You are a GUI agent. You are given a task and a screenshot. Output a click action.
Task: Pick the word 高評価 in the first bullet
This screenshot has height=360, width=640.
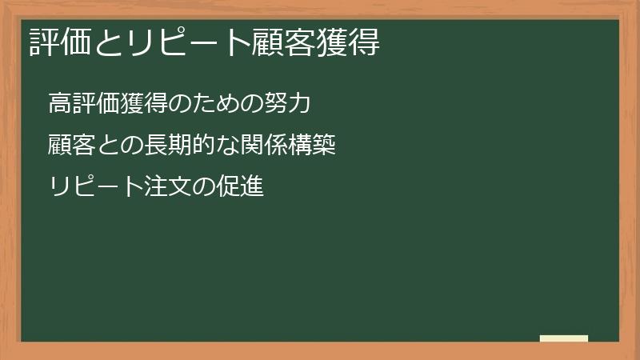(x=82, y=104)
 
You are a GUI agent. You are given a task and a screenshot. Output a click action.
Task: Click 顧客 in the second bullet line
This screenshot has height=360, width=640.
(x=71, y=146)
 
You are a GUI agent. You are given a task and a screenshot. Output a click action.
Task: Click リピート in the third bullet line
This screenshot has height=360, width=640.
(x=94, y=189)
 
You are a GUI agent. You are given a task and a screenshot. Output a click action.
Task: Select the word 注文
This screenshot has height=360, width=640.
(x=166, y=189)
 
